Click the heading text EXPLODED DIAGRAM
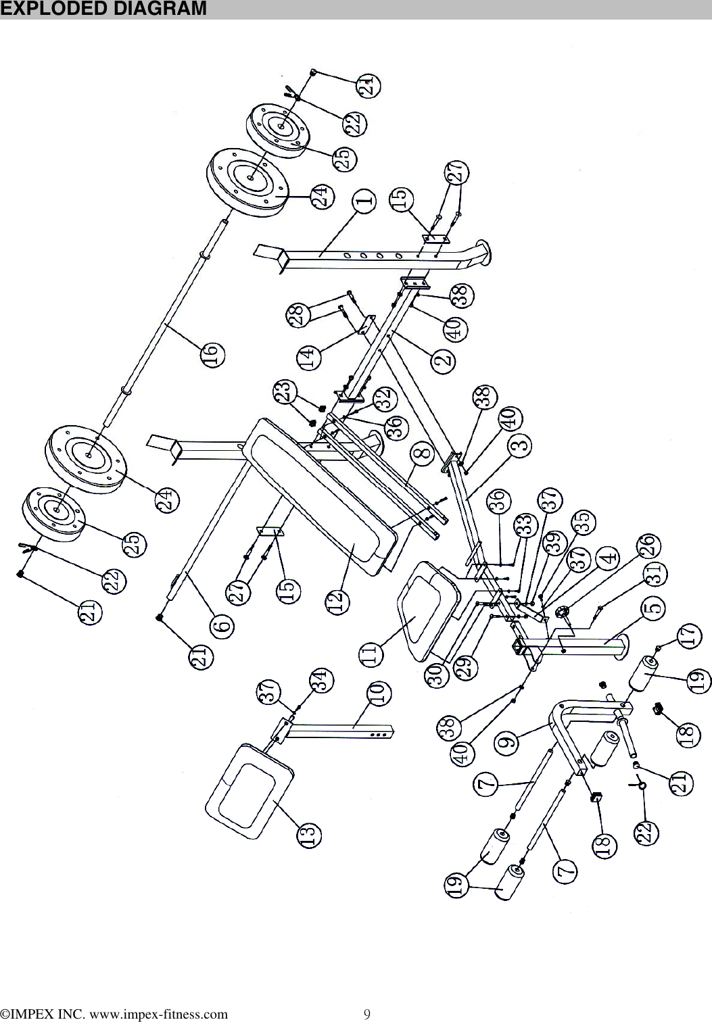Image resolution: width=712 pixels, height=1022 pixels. pyautogui.click(x=103, y=9)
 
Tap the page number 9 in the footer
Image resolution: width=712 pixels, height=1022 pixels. pyautogui.click(x=367, y=1013)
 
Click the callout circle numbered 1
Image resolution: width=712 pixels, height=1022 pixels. pyautogui.click(x=364, y=201)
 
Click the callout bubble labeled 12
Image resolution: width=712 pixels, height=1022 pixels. pyautogui.click(x=340, y=601)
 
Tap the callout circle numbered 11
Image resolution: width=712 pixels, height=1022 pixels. pyautogui.click(x=371, y=654)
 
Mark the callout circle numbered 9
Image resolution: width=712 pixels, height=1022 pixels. pyautogui.click(x=508, y=742)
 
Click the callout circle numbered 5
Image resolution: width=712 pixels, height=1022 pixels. pyautogui.click(x=652, y=608)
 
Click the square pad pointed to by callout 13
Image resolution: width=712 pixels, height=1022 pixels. pyautogui.click(x=249, y=787)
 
